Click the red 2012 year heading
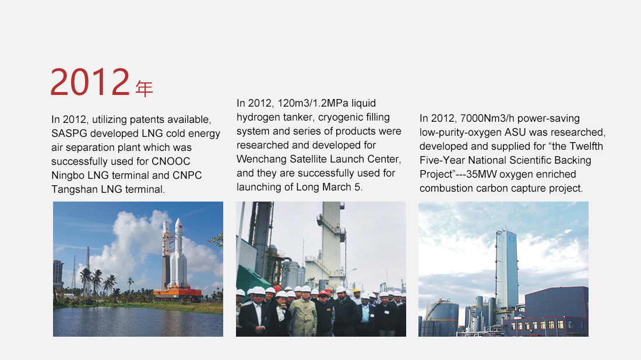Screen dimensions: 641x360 (x=90, y=82)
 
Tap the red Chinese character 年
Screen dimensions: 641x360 (x=144, y=89)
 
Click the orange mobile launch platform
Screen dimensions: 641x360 (x=177, y=292)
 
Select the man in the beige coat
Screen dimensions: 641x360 (x=303, y=313)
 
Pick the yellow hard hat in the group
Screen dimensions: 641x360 (x=357, y=291)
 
